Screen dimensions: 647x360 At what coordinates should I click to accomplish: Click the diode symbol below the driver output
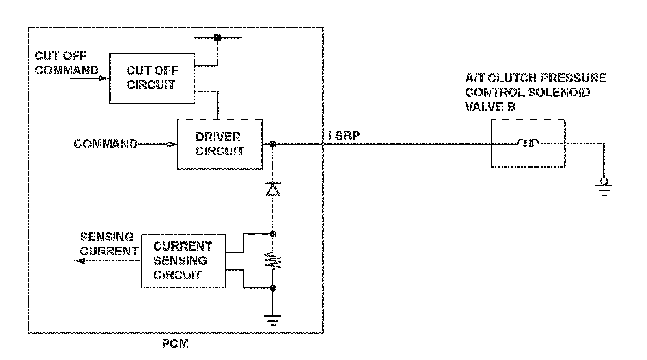tap(273, 189)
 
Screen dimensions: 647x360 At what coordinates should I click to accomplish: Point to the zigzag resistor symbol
tap(273, 261)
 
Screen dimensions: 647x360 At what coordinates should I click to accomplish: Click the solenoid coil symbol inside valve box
tap(528, 142)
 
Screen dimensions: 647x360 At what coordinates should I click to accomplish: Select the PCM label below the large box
tap(175, 343)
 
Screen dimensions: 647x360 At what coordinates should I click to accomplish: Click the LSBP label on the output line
tap(344, 136)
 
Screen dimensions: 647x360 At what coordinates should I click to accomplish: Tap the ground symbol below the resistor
tap(272, 321)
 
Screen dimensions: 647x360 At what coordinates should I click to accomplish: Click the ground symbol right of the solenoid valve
tap(604, 187)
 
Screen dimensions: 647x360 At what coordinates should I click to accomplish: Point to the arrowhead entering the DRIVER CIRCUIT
tap(172, 144)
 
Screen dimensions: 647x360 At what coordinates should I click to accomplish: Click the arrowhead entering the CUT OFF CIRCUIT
tap(104, 78)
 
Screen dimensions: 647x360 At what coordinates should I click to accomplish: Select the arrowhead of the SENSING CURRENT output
tap(79, 261)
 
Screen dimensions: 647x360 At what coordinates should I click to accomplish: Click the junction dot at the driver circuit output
tap(272, 144)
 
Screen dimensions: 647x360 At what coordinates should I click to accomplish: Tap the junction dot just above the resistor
tap(272, 234)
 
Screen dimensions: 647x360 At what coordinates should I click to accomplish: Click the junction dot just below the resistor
tap(272, 288)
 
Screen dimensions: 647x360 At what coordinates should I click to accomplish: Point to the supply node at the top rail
tap(217, 38)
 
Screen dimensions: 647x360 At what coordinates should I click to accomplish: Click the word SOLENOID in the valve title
tap(559, 92)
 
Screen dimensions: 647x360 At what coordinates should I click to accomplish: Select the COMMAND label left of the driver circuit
tap(106, 144)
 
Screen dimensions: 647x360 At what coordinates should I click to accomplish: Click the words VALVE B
tap(490, 107)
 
